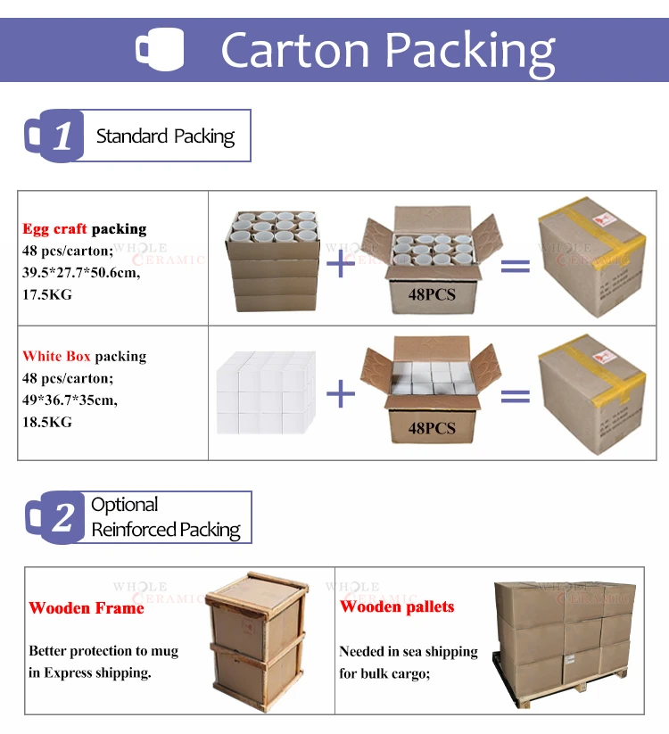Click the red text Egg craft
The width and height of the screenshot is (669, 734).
tap(54, 229)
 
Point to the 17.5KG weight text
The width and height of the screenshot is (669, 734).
tap(46, 293)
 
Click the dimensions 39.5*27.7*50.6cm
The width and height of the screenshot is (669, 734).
tap(81, 272)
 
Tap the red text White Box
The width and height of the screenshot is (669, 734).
tap(56, 357)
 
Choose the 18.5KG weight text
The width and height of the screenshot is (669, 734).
tap(46, 422)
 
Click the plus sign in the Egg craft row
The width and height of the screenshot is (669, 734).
tap(340, 265)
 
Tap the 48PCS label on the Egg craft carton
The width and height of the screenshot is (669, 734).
tap(432, 293)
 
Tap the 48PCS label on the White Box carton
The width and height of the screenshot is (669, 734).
tap(432, 428)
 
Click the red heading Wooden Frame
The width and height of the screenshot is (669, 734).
tap(86, 608)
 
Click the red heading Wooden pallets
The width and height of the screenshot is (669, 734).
tap(396, 607)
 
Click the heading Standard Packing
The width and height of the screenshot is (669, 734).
tap(165, 136)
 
